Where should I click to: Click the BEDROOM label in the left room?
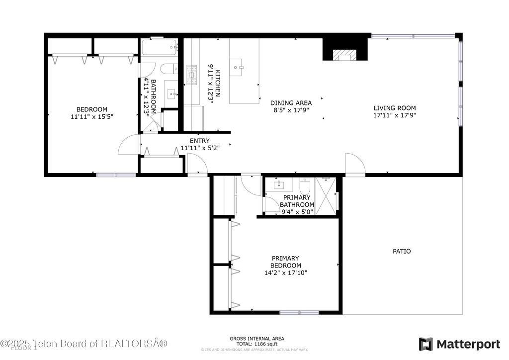91,109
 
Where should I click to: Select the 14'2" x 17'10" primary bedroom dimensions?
285,272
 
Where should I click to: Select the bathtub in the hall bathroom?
159,48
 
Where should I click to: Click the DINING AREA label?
291,103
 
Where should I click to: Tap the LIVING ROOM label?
395,108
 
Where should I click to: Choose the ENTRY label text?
199,141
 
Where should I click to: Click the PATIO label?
402,252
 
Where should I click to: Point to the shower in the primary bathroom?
328,194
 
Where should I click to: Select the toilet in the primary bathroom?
305,186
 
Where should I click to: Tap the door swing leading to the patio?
354,164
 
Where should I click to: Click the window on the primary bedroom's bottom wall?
299,312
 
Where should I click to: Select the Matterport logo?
460,344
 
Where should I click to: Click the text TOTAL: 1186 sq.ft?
257,344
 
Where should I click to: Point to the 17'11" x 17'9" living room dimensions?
395,115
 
